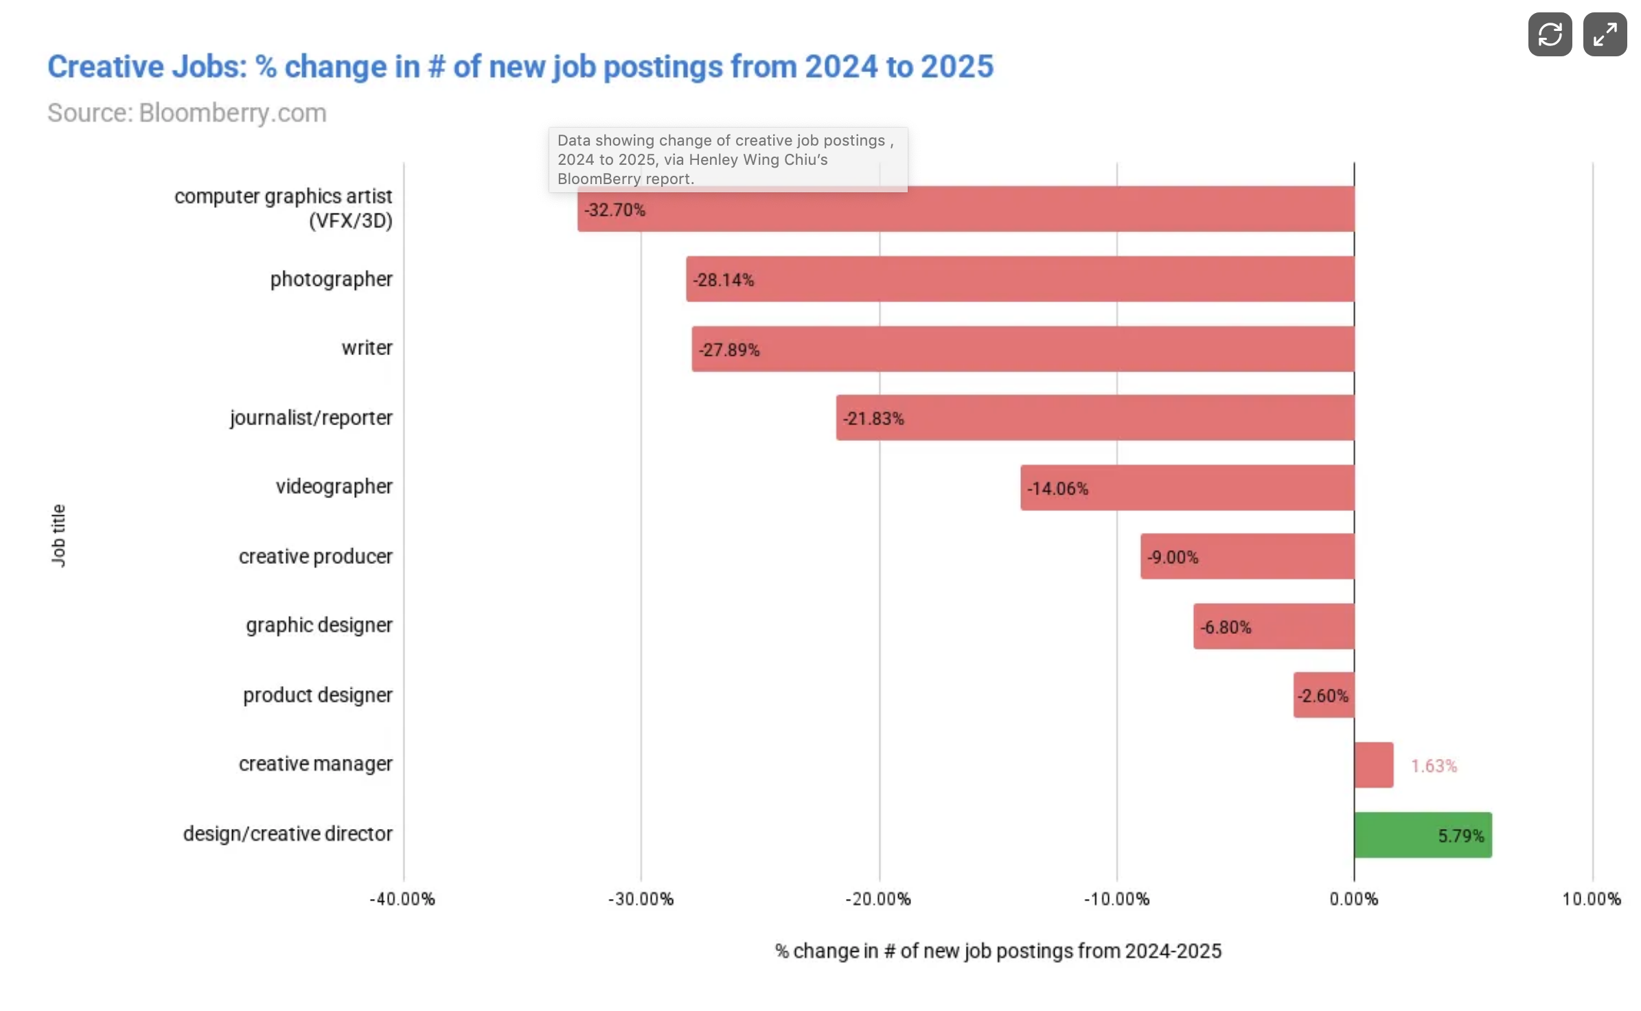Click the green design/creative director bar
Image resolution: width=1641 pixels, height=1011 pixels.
(x=1422, y=834)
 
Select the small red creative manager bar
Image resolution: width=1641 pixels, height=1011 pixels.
(x=1373, y=764)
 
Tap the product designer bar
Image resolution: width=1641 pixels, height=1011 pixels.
(x=1323, y=695)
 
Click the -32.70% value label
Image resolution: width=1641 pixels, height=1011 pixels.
(x=615, y=209)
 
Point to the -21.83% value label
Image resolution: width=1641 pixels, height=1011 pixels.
(x=873, y=418)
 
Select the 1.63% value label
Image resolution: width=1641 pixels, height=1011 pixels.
(x=1434, y=766)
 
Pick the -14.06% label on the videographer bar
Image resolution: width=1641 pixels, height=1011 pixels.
(x=1057, y=488)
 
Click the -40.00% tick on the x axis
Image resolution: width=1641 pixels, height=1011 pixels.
(x=402, y=899)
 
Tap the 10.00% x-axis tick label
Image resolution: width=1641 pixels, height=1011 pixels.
(x=1591, y=899)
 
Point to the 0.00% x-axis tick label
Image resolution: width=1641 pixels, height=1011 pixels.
(x=1353, y=899)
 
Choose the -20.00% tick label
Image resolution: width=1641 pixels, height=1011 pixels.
(x=878, y=899)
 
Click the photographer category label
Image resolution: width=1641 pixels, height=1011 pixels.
(x=331, y=279)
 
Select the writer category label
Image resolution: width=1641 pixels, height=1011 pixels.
(x=367, y=348)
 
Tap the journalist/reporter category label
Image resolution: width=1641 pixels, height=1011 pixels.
(x=311, y=418)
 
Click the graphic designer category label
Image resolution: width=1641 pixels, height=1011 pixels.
(x=319, y=625)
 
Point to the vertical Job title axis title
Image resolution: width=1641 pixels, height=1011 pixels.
(x=58, y=535)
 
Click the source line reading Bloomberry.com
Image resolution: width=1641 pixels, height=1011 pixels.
(x=187, y=113)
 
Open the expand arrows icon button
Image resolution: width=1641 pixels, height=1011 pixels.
(x=1605, y=34)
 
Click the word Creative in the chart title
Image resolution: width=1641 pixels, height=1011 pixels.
(x=106, y=67)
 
